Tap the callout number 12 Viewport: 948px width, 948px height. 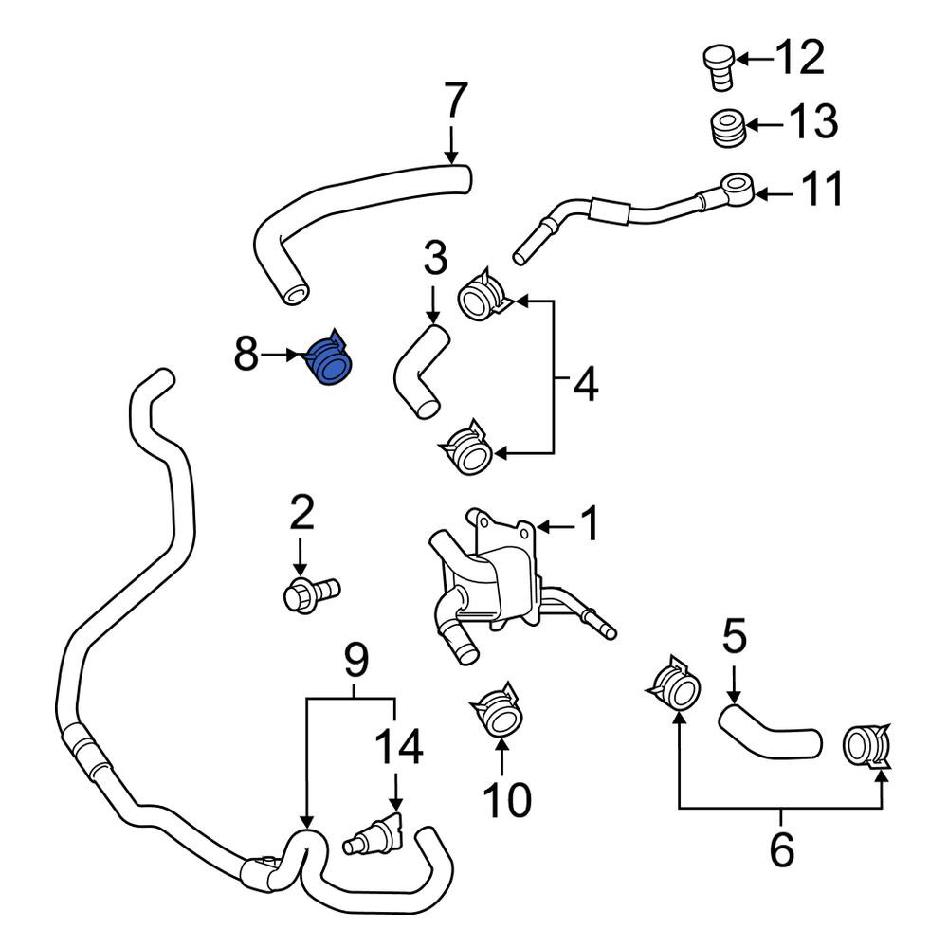point(800,58)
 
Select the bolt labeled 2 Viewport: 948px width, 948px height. point(311,593)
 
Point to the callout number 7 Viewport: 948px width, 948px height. point(455,101)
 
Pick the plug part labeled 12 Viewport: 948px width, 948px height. point(720,66)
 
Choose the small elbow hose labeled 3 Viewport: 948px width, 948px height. point(421,372)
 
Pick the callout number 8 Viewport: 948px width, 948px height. point(246,353)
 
